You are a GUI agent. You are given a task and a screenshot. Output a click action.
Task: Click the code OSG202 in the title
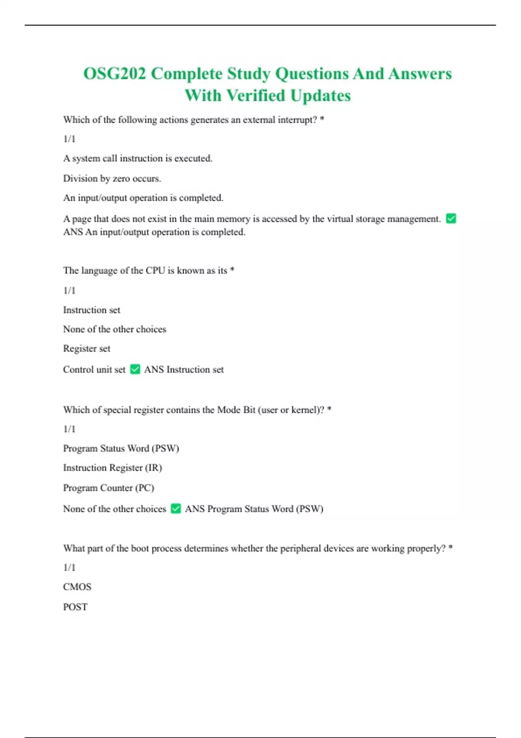(115, 74)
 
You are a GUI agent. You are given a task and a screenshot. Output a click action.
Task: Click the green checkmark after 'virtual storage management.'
(451, 218)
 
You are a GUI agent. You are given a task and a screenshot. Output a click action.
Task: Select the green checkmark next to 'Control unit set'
(135, 369)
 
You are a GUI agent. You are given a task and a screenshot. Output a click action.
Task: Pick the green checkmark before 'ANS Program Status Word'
(176, 508)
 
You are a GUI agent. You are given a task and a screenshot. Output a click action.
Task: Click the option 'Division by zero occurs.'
(112, 178)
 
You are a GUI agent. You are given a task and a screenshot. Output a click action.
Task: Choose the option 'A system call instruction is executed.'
(138, 158)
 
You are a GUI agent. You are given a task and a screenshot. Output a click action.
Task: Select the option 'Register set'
(87, 349)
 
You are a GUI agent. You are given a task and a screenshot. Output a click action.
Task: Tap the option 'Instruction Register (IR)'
(112, 468)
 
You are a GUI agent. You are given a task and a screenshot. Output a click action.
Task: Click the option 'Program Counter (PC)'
(109, 488)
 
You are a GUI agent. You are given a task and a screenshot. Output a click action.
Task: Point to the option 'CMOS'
(77, 587)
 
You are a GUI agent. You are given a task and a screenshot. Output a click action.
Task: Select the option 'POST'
(75, 607)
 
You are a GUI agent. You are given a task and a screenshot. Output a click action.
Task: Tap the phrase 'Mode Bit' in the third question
(236, 410)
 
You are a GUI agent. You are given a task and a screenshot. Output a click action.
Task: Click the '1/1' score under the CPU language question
(69, 290)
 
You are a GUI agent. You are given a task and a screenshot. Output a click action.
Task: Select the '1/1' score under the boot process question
(69, 567)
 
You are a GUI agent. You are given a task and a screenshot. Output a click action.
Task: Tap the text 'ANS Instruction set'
(184, 369)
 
